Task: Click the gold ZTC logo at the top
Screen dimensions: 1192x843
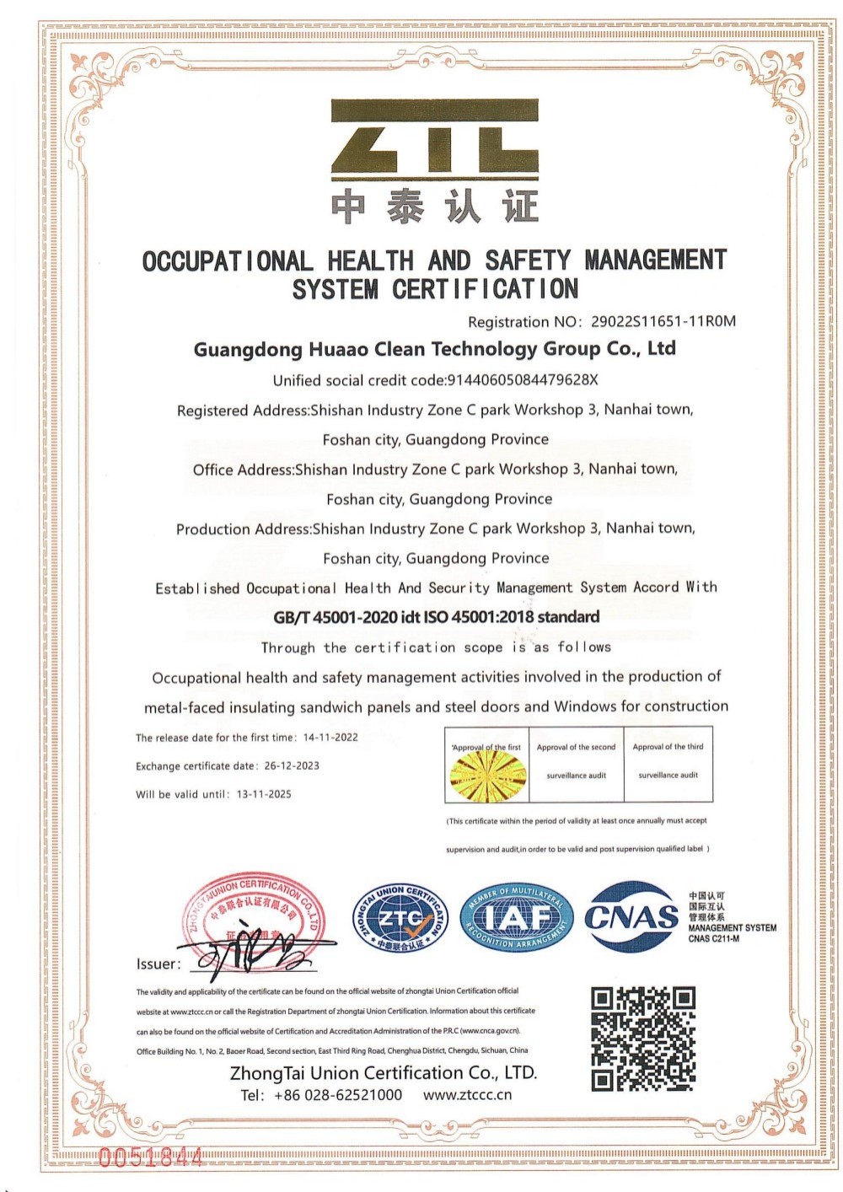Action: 434,138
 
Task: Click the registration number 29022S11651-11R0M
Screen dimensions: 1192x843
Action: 663,321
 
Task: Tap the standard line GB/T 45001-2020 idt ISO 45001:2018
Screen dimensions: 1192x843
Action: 436,617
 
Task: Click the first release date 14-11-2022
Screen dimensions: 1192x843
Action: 330,738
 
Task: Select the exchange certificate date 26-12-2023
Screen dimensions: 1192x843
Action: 292,766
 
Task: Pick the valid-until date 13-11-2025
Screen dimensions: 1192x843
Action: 264,794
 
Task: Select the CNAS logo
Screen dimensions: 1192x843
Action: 632,916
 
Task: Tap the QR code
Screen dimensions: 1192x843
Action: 643,1039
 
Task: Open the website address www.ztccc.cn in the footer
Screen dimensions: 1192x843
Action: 467,1095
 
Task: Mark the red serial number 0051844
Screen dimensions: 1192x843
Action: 151,1157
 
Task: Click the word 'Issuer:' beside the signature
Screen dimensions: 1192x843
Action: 158,964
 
